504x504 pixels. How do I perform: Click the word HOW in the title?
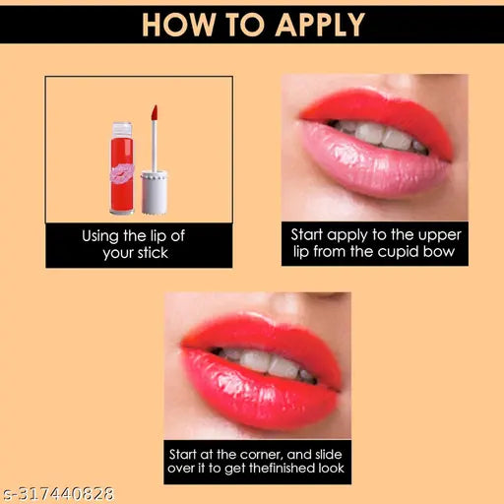point(179,24)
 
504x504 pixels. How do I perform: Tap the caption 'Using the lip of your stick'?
point(139,245)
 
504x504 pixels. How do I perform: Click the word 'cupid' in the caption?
point(407,253)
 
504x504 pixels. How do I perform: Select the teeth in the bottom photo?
point(261,362)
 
